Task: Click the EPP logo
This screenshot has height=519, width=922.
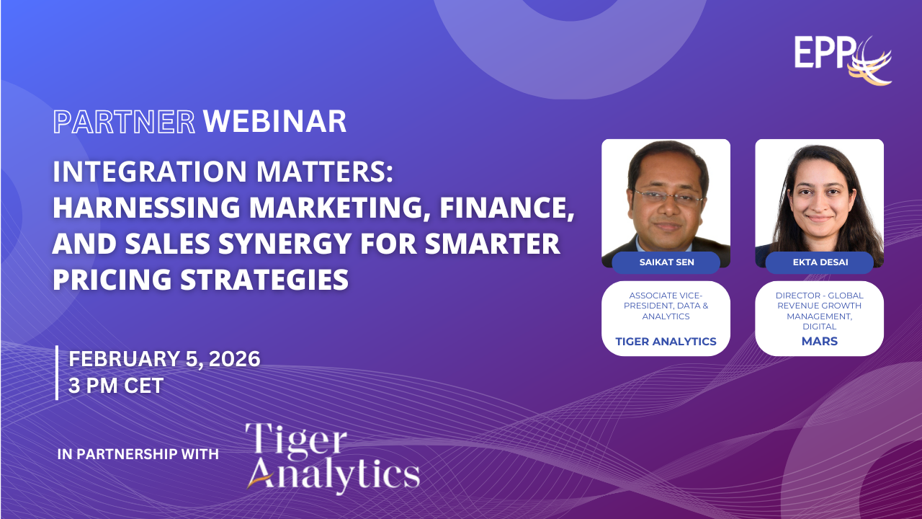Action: point(843,61)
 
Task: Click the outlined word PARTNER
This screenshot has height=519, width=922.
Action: point(124,122)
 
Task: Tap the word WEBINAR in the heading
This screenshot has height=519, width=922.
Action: point(275,122)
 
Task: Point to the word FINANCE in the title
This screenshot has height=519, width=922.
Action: point(506,208)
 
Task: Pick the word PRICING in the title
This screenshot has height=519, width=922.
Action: point(112,279)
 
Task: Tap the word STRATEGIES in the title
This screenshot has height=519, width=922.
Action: point(264,279)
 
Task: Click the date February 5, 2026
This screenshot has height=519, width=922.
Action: point(164,359)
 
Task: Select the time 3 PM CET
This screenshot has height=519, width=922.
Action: point(116,386)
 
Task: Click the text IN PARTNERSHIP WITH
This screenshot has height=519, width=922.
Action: point(138,454)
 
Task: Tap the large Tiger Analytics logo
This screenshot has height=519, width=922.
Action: point(333,458)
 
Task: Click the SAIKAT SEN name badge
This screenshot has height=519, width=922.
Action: point(666,262)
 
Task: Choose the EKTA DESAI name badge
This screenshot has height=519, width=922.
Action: point(820,262)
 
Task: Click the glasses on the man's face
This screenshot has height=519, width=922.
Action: point(668,198)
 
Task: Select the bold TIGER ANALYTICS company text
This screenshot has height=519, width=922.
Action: point(666,342)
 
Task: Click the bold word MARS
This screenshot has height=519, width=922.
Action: point(820,341)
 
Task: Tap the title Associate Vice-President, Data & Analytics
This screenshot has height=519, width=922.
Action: point(666,306)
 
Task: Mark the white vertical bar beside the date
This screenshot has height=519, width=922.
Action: point(57,373)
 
